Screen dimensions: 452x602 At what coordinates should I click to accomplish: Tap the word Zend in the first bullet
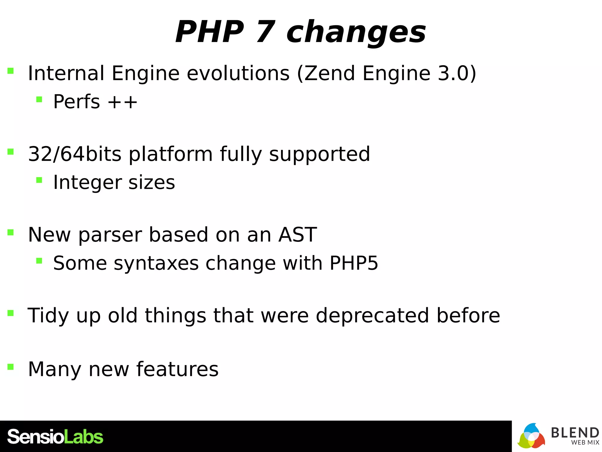330,73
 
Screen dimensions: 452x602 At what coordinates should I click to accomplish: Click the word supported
320,154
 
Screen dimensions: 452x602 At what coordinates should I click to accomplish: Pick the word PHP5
354,263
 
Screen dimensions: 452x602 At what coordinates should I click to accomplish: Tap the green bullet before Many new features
11,367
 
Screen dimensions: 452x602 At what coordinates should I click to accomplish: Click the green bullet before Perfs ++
39,99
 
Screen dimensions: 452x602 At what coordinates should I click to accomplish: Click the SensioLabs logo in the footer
55,437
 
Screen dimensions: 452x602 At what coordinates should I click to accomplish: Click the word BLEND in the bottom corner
575,433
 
